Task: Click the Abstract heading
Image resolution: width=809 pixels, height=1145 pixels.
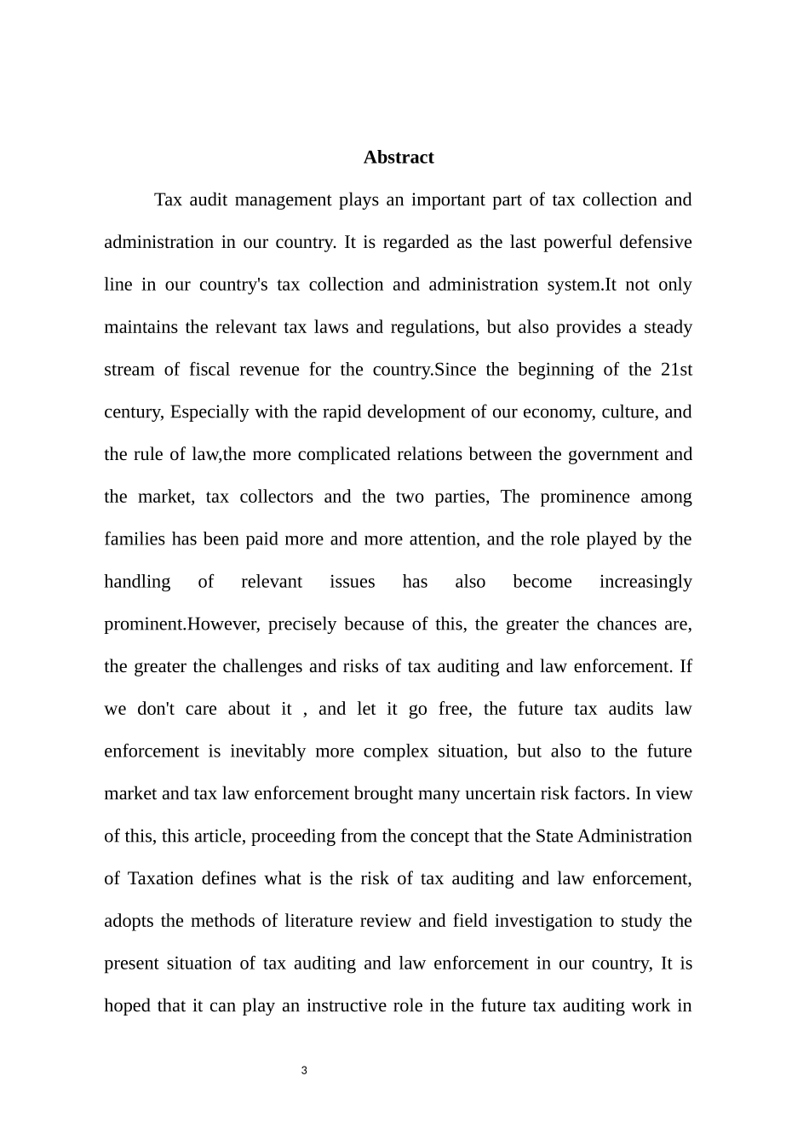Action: tap(399, 158)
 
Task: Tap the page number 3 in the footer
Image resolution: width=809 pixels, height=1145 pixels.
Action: tap(304, 1070)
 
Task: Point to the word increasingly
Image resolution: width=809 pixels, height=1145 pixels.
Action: tap(645, 582)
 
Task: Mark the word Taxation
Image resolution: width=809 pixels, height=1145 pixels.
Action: tap(161, 879)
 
